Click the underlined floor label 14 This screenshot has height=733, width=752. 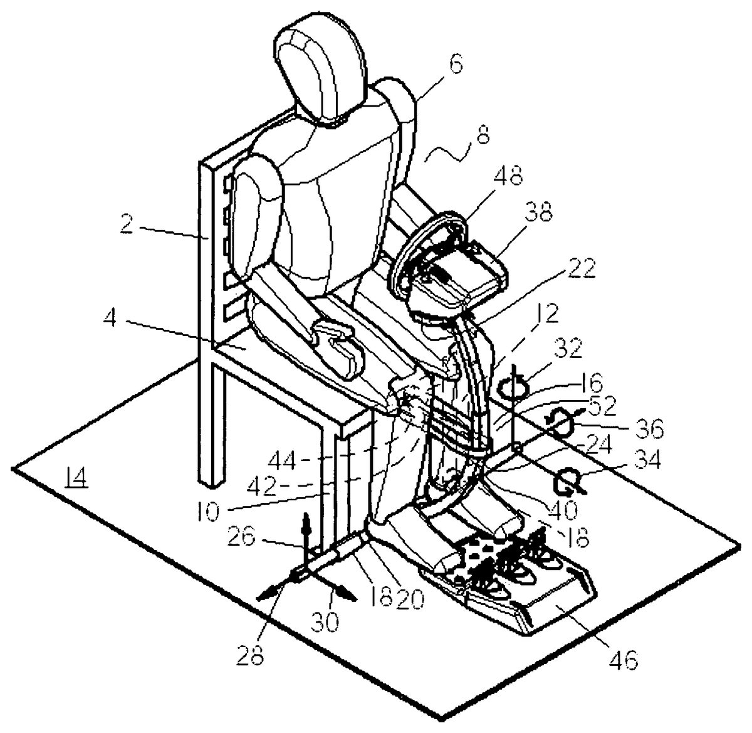point(76,479)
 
